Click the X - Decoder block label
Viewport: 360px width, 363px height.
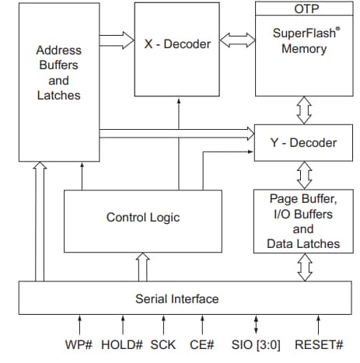(178, 44)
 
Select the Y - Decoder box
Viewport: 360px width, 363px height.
(303, 143)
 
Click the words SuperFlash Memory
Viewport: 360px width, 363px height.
(303, 42)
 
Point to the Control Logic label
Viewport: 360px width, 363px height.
(143, 217)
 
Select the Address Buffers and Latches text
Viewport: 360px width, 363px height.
(58, 72)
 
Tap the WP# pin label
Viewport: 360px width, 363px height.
(80, 344)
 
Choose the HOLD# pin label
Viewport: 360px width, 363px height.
(121, 344)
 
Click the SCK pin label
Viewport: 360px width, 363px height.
(163, 344)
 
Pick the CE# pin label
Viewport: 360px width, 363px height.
(202, 344)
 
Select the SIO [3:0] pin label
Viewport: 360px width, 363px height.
(257, 344)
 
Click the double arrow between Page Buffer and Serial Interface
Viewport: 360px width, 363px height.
(303, 269)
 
